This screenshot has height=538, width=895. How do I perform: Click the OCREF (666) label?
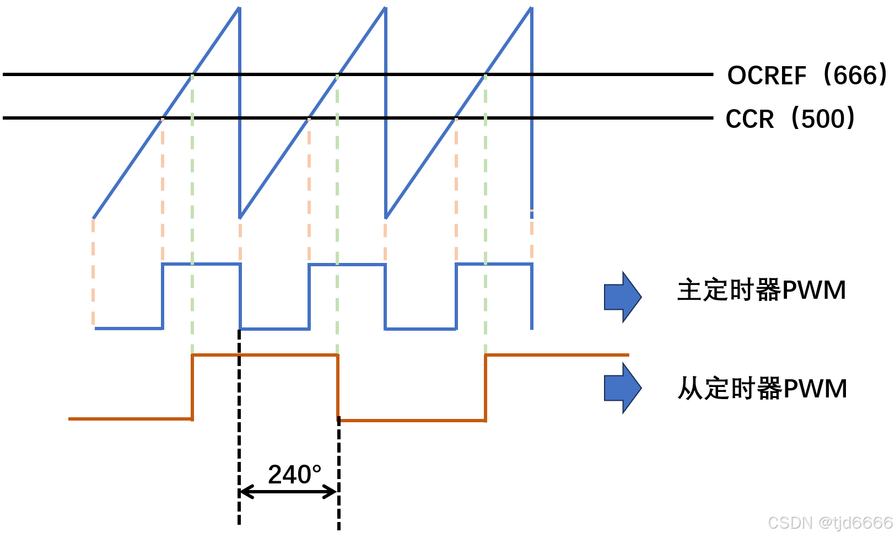(807, 75)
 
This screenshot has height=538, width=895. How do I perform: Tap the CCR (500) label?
(790, 119)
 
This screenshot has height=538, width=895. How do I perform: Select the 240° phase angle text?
(294, 475)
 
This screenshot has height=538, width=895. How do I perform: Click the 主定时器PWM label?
(762, 290)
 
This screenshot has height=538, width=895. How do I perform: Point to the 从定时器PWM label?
(762, 389)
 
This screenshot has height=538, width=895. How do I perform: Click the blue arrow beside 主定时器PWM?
(623, 297)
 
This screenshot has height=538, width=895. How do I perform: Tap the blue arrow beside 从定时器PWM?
(623, 388)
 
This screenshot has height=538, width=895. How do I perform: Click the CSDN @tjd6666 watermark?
(830, 523)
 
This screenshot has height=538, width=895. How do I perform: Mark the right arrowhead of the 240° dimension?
(332, 491)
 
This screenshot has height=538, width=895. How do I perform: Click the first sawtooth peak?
(239, 8)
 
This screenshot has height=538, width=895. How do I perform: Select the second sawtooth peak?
(385, 8)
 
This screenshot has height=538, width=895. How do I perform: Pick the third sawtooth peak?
(531, 8)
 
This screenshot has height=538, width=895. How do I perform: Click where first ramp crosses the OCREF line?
(192, 74)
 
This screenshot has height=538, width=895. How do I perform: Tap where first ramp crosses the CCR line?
(163, 118)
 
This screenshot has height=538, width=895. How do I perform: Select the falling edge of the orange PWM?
(338, 387)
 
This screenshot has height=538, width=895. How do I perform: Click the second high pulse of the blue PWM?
(347, 265)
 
